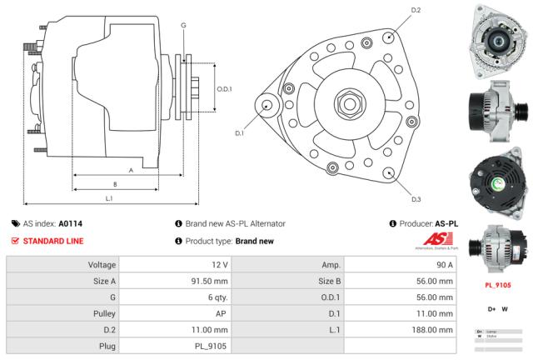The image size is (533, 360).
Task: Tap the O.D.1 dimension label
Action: tap(224, 88)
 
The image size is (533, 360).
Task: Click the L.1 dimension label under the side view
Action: tap(109, 198)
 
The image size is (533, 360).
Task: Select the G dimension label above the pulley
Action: tap(183, 25)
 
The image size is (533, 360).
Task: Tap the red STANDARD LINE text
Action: tap(52, 241)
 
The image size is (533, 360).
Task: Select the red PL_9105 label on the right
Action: tap(497, 285)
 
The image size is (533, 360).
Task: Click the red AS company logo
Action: tap(436, 242)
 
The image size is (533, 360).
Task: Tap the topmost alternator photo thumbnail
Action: tap(497, 34)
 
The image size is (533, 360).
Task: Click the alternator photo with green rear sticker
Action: tap(497, 178)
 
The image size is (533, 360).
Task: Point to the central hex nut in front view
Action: tap(347, 107)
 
